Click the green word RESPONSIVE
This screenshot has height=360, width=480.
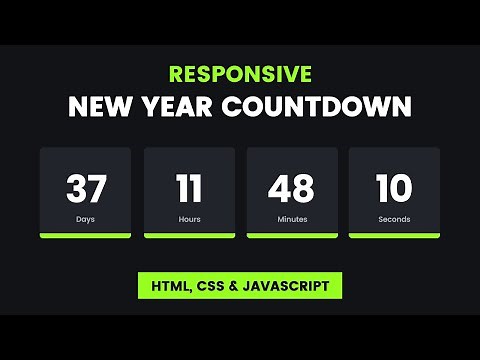[x=240, y=74]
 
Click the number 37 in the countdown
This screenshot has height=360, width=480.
[x=86, y=188]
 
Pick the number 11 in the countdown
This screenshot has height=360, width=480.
[x=189, y=188]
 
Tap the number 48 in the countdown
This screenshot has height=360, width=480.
[x=291, y=188]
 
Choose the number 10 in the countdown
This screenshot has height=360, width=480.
[x=393, y=188]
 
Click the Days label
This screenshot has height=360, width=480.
[x=86, y=218]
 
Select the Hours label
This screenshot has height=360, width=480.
[x=190, y=218]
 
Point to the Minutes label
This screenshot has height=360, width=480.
[x=291, y=218]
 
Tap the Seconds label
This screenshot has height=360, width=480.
[x=394, y=218]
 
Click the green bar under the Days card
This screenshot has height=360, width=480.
[x=86, y=236]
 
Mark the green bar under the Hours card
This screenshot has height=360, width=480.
[x=190, y=236]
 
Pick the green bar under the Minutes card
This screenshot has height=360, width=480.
[x=292, y=236]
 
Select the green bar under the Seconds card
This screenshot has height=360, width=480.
[x=394, y=236]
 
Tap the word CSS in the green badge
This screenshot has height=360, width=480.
[x=213, y=285]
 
